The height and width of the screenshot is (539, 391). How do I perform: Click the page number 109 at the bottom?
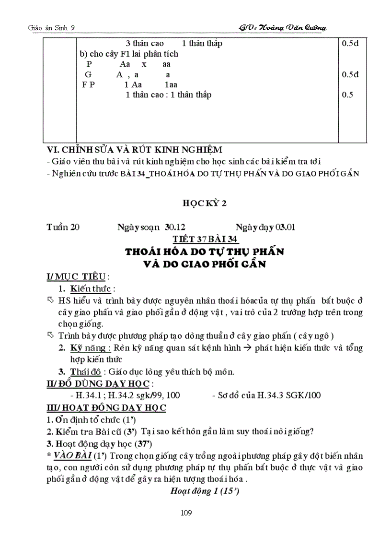pos(187,513)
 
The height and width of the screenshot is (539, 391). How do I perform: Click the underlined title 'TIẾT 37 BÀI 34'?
pos(205,240)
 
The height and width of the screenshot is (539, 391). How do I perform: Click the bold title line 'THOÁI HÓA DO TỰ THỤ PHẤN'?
pos(205,252)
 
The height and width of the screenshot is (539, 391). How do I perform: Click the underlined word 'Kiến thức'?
pos(91,289)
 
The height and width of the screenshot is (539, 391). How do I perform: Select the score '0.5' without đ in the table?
pos(347,95)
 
